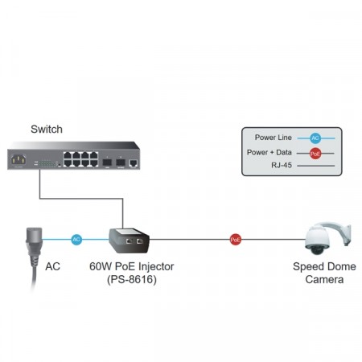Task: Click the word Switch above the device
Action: pos(46,130)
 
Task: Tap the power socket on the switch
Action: pos(17,160)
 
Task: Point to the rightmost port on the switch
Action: pos(132,162)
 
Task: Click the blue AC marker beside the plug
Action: pos(76,239)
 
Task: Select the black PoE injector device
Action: pos(129,239)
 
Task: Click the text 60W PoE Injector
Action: pos(131,266)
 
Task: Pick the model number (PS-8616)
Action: pos(131,279)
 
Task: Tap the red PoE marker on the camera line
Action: pos(236,239)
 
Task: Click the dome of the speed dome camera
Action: pos(315,240)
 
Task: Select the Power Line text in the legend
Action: pos(274,137)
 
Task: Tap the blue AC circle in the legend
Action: pos(315,138)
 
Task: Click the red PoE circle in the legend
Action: pos(315,152)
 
